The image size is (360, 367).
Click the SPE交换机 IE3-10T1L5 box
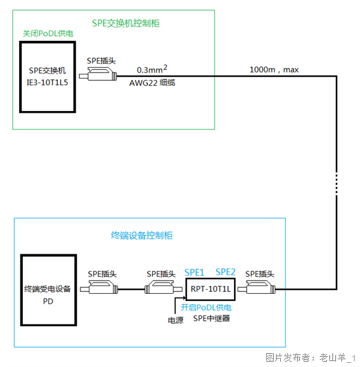[47, 77]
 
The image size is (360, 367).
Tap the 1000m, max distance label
[274, 70]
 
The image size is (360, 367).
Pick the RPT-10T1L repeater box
[210, 289]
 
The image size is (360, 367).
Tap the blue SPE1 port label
[194, 271]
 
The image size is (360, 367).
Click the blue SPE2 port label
[226, 271]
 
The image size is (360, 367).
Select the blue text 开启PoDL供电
[207, 307]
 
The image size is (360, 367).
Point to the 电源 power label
[176, 320]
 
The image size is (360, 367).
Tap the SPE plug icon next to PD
[106, 290]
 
